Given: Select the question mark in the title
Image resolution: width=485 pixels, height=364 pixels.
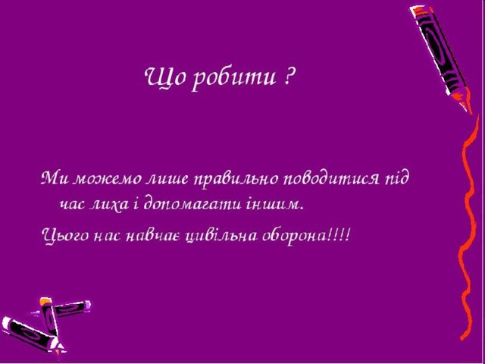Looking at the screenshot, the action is click(x=288, y=77).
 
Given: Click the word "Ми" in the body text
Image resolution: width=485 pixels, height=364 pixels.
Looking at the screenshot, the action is click(x=55, y=179).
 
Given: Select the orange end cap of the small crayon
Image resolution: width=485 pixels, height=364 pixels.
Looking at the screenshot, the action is click(x=45, y=300).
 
